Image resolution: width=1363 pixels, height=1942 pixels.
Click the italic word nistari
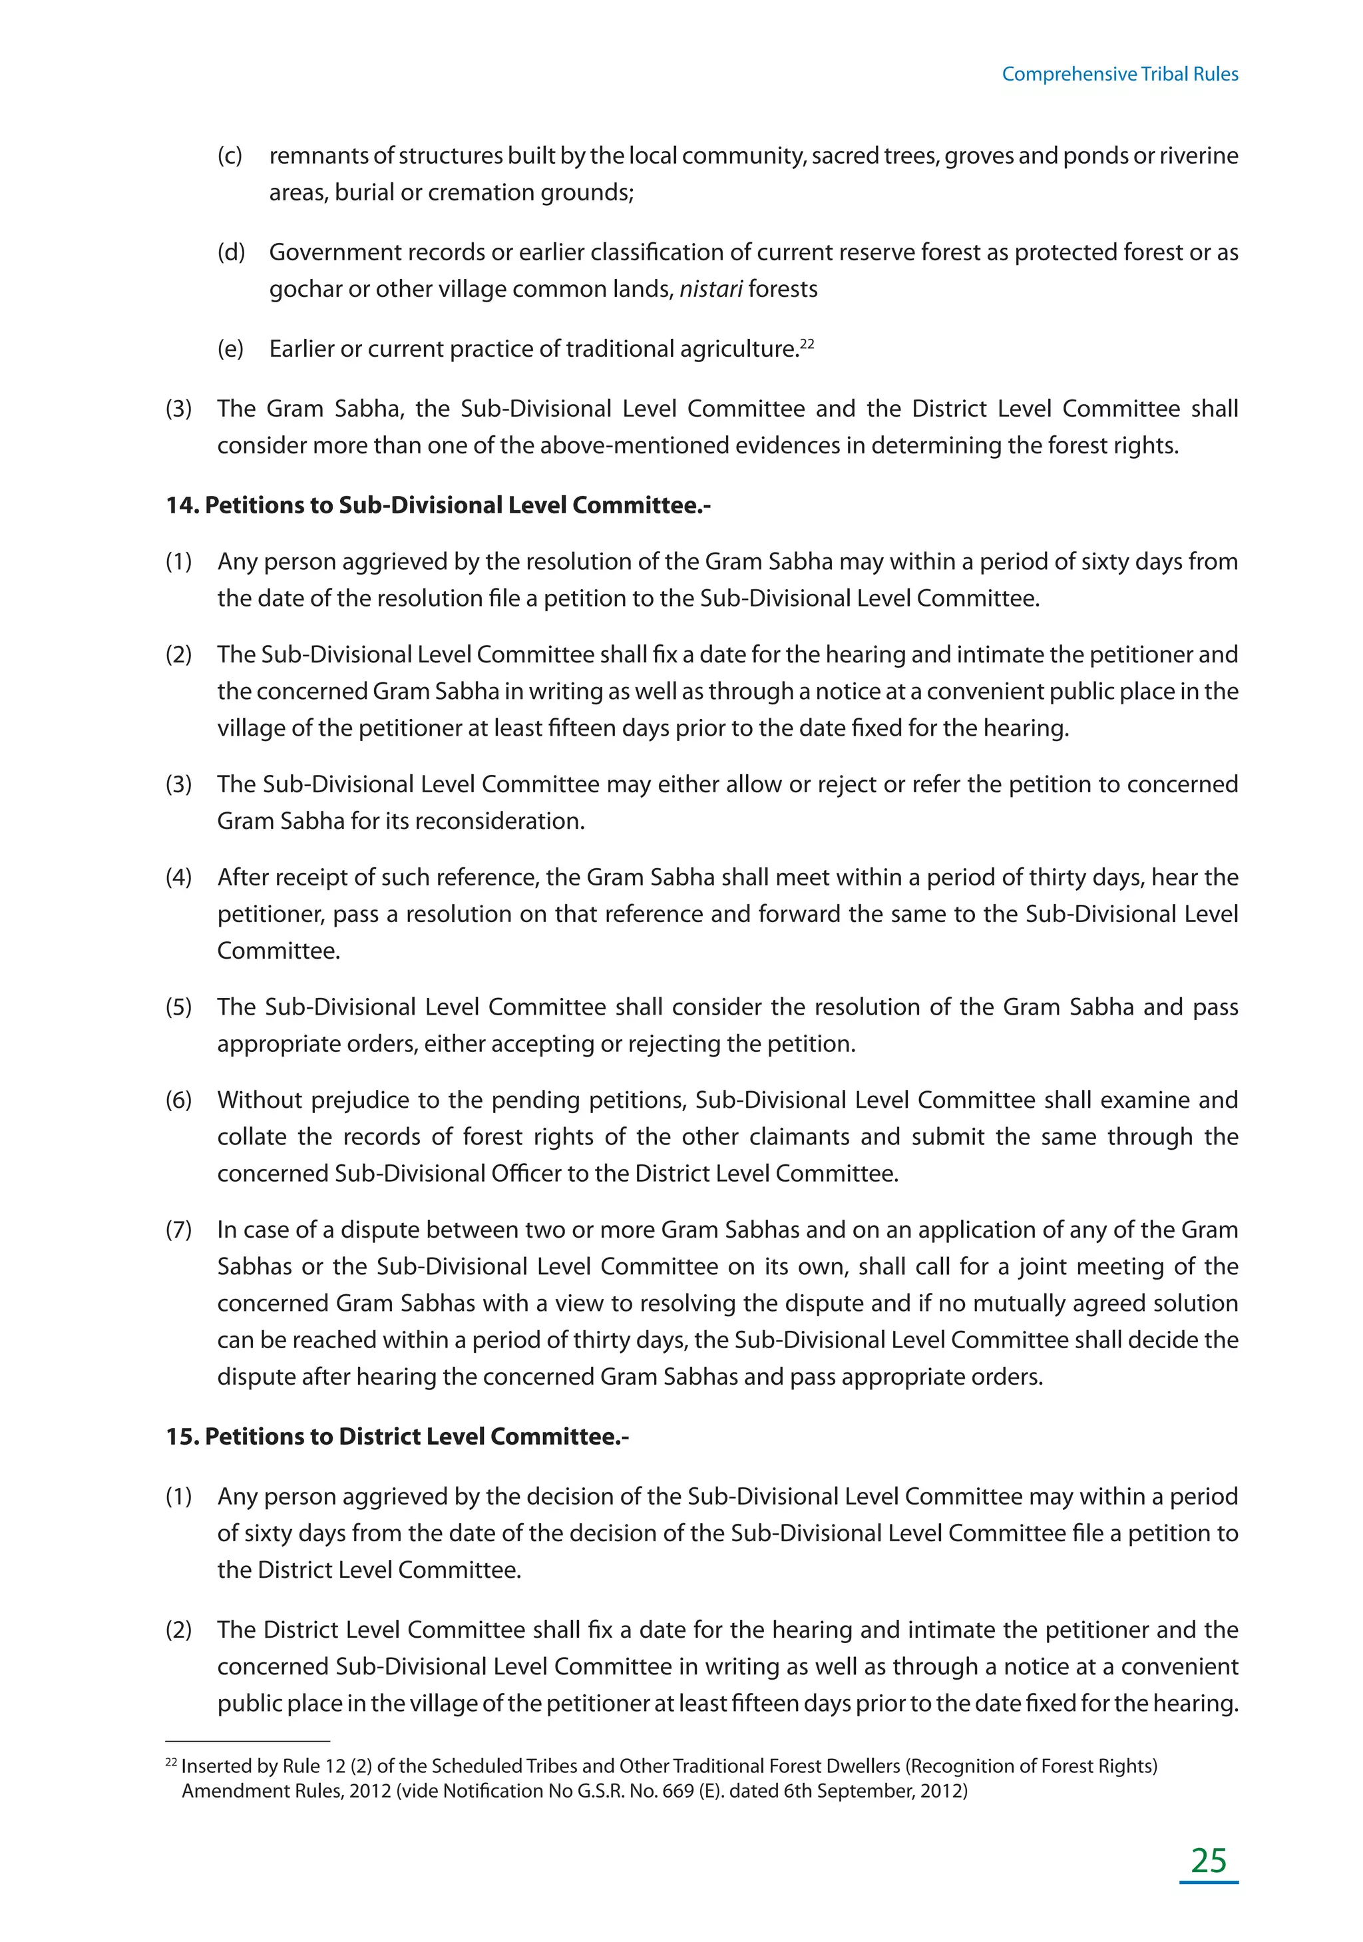click(x=710, y=290)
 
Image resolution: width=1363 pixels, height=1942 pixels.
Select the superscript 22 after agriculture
click(x=807, y=344)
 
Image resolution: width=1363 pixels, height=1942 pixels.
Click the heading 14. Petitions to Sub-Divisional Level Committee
click(x=438, y=505)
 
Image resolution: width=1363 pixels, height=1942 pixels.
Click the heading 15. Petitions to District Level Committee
click(x=397, y=1436)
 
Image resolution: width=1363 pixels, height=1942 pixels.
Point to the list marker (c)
click(x=230, y=156)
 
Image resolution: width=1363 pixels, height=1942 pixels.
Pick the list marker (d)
click(x=230, y=252)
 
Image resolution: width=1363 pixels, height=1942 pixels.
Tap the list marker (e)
click(x=230, y=348)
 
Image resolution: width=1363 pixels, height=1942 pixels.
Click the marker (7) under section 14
click(x=178, y=1229)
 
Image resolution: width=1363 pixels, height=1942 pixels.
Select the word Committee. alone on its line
click(x=278, y=951)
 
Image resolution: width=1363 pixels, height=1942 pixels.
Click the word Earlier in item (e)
click(x=301, y=348)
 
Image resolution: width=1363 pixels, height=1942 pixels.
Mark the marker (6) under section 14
click(x=178, y=1100)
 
